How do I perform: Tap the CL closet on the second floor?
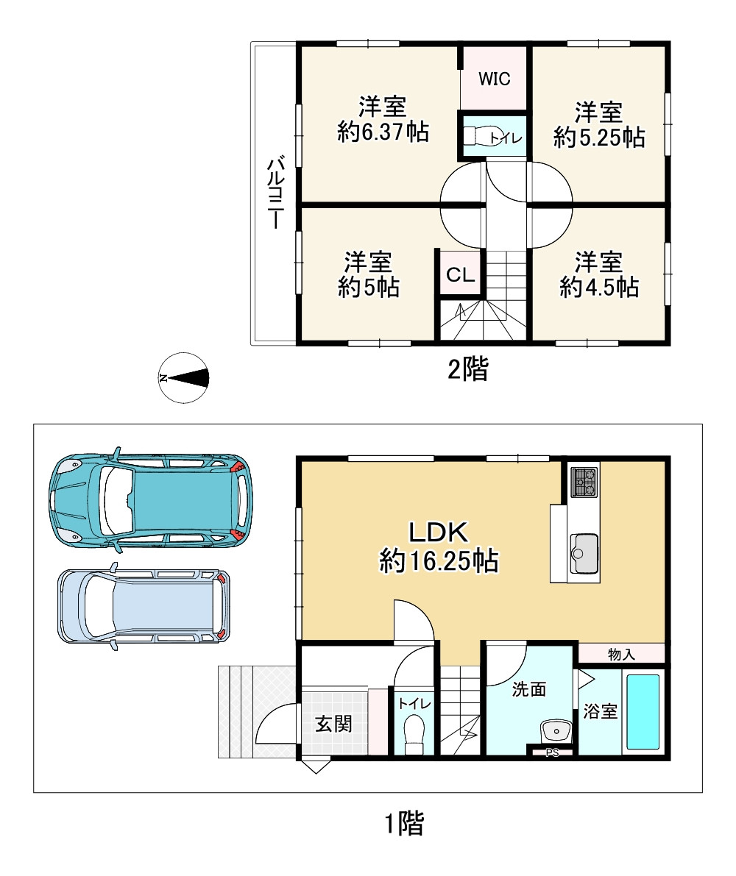(460, 276)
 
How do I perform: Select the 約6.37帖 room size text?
(383, 133)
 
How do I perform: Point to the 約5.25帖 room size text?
(599, 138)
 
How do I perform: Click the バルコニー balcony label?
(276, 193)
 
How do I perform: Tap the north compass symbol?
(184, 378)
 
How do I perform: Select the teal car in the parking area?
(151, 500)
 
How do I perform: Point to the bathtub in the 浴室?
(643, 711)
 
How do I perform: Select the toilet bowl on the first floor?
(414, 734)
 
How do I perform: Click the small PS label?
(551, 752)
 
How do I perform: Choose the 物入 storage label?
(621, 653)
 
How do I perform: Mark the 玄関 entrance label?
(333, 724)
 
